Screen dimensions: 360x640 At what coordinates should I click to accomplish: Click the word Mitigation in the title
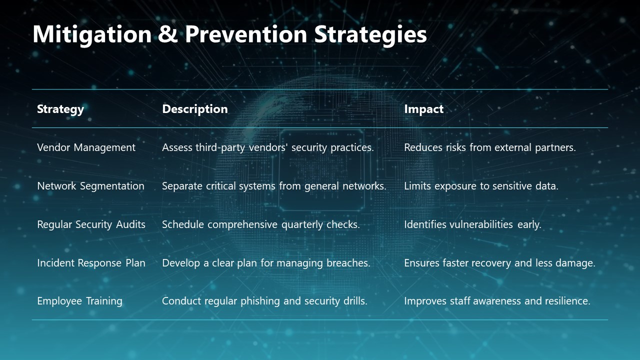pyautogui.click(x=92, y=34)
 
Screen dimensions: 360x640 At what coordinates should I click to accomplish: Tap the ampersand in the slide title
pyautogui.click(x=168, y=34)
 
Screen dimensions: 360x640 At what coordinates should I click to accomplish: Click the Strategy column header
pyautogui.click(x=60, y=109)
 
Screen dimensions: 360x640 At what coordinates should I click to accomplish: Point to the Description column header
pyautogui.click(x=195, y=109)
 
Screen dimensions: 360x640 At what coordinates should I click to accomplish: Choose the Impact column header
pyautogui.click(x=423, y=109)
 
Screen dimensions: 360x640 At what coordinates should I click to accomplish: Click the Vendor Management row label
pyautogui.click(x=86, y=147)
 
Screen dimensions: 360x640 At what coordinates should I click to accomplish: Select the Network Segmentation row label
pyautogui.click(x=90, y=186)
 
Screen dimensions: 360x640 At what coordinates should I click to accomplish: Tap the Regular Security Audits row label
pyautogui.click(x=91, y=224)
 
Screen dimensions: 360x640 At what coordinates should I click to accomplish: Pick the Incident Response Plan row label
pyautogui.click(x=91, y=263)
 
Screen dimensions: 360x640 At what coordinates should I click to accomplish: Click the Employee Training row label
pyautogui.click(x=79, y=301)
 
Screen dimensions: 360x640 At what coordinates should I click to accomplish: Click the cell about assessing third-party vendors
pyautogui.click(x=268, y=147)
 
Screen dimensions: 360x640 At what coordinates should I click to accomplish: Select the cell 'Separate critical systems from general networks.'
pyautogui.click(x=274, y=186)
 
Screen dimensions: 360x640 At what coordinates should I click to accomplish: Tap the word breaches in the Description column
pyautogui.click(x=349, y=263)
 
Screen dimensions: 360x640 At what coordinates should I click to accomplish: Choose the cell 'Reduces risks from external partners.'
pyautogui.click(x=490, y=147)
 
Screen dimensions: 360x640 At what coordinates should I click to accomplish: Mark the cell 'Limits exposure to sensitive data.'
pyautogui.click(x=481, y=186)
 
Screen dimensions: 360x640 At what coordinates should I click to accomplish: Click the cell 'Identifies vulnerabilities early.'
pyautogui.click(x=472, y=224)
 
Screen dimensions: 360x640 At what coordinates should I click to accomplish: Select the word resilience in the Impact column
pyautogui.click(x=565, y=301)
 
